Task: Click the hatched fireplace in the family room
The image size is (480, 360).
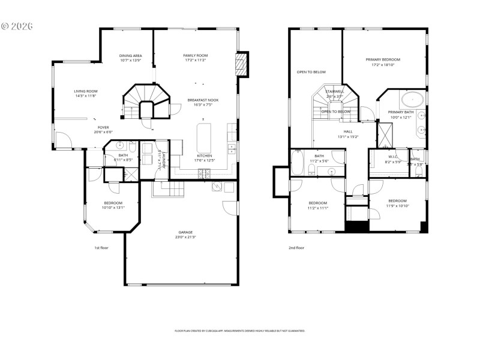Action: coord(242,65)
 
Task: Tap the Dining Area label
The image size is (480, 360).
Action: coord(131,55)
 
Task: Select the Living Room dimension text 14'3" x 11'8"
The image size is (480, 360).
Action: coord(86,96)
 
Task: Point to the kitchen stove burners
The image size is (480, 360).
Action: coord(205,173)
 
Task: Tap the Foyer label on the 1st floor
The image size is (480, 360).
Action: coord(104,127)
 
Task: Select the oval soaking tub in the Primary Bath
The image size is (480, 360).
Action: coord(412,98)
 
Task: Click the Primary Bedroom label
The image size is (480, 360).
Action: coord(383,59)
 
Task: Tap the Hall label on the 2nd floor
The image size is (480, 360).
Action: coord(348,131)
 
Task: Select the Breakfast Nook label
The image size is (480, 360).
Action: coord(203,100)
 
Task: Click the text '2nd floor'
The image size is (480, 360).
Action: coord(296,248)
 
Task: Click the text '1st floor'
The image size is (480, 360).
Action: coord(101,247)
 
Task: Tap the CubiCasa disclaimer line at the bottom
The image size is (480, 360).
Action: coord(239,331)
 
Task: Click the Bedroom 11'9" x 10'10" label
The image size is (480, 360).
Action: coord(398,200)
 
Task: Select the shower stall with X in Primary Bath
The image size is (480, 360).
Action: coord(384,134)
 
